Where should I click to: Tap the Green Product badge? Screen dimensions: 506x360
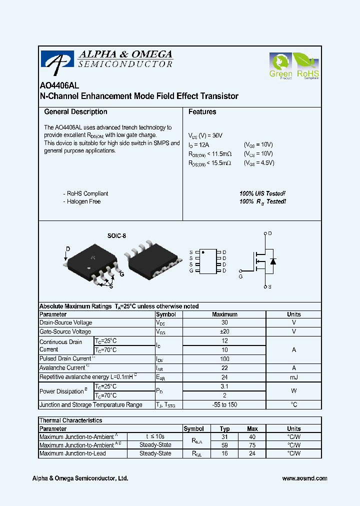tap(280, 66)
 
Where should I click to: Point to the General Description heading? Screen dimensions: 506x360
tap(75, 112)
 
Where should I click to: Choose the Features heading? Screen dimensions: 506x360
tap(202, 112)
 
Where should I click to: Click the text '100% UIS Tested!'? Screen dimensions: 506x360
tap(262, 193)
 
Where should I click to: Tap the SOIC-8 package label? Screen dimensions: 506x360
tap(116, 235)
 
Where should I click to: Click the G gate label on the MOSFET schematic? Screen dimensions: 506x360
tap(240, 276)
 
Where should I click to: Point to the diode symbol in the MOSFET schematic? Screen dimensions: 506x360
tap(272, 261)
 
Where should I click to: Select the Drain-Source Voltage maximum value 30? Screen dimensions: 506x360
tap(224, 323)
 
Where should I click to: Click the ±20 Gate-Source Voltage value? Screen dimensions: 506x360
tap(224, 332)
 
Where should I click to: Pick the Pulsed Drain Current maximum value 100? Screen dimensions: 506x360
tap(224, 359)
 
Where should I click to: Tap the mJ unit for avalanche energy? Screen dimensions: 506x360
tap(293, 377)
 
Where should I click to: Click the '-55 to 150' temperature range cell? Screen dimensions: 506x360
tap(224, 405)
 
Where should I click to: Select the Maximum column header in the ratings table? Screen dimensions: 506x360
tap(224, 314)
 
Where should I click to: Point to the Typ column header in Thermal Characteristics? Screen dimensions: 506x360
tap(224, 429)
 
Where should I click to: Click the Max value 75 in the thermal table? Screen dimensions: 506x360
tap(252, 445)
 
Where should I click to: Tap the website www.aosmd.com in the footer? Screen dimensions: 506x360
tap(304, 478)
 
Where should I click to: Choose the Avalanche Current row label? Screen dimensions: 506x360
tap(62, 368)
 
